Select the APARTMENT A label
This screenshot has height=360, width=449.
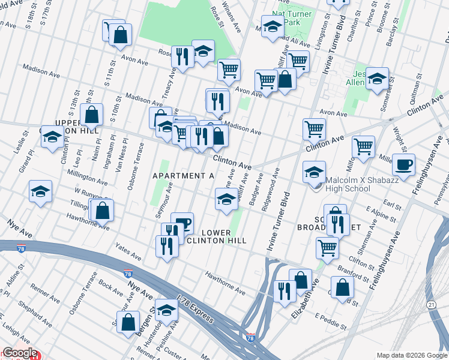click(x=183, y=175)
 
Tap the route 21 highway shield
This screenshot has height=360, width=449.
click(x=432, y=305)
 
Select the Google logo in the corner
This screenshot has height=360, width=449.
click(x=20, y=353)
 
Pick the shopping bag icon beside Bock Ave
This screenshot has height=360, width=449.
click(x=129, y=322)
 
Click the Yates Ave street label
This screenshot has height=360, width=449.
click(x=129, y=253)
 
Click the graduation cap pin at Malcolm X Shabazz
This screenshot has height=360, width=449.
click(x=314, y=172)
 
